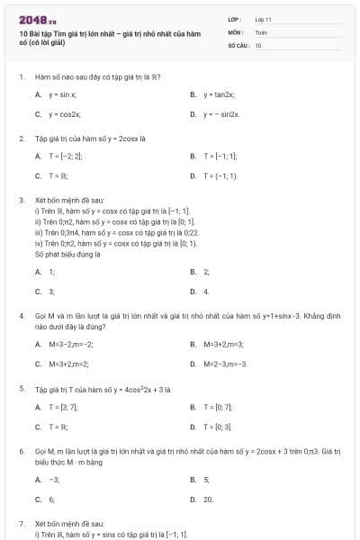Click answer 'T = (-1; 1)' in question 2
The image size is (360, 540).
pos(220,176)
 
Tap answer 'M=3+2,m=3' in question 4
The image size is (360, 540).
pos(224,344)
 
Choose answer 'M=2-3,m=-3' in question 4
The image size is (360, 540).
pos(225,364)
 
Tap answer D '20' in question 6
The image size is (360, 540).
pos(208,499)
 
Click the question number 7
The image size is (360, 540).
pos(21,523)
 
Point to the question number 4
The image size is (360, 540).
pos(21,317)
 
